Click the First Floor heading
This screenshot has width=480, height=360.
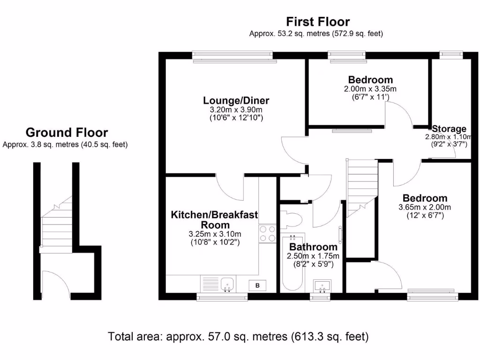[318, 22]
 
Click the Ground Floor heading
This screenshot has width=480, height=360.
[66, 133]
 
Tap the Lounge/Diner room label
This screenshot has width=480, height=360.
[236, 100]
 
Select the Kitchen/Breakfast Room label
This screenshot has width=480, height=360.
[214, 219]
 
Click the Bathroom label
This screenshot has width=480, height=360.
[313, 247]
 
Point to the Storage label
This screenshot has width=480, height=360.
[449, 129]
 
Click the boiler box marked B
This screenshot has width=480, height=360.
[257, 285]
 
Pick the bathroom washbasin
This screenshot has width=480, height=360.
[322, 285]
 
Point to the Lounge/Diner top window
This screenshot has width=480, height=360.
[232, 55]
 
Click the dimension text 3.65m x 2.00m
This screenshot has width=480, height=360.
[424, 207]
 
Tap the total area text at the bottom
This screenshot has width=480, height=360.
[239, 336]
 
